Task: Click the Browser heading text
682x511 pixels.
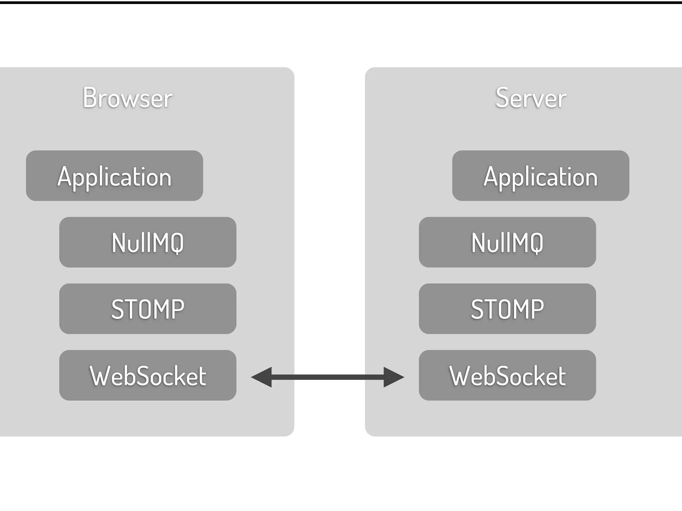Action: [128, 98]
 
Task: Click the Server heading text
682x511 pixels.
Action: [531, 98]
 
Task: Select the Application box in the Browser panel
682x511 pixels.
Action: [115, 176]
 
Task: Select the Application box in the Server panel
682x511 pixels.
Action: [540, 176]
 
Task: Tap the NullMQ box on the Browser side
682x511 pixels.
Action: [148, 242]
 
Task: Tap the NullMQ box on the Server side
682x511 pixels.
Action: [507, 242]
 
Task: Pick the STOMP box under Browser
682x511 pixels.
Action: [148, 309]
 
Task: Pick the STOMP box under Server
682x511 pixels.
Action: [507, 309]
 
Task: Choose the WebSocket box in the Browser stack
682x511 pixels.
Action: [148, 375]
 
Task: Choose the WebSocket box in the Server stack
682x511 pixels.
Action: [507, 375]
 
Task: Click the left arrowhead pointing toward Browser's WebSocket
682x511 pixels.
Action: [262, 377]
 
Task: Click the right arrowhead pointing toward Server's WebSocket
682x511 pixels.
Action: [394, 377]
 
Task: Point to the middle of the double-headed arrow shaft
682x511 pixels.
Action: [328, 377]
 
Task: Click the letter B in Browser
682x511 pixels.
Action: [90, 97]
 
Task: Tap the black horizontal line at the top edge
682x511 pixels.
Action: [341, 2]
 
